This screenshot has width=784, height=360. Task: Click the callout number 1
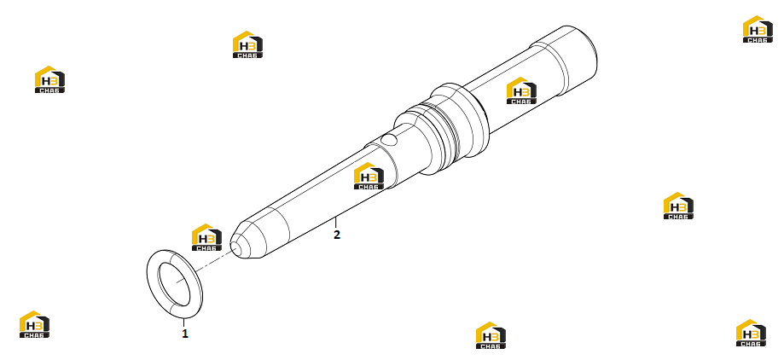pos(185,334)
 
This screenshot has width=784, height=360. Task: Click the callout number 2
pos(337,235)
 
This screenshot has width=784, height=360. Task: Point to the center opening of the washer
pos(175,284)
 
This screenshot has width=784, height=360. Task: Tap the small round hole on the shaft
pos(389,140)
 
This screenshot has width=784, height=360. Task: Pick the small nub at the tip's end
pos(234,246)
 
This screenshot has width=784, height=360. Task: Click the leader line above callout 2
pos(336,223)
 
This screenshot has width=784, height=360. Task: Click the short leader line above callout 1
pos(184,322)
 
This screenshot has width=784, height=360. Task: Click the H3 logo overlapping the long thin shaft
pos(369,176)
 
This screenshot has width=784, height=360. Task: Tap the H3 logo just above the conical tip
pos(207,237)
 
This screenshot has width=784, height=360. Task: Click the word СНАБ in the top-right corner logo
pos(758,39)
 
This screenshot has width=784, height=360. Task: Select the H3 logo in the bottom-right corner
pos(751,333)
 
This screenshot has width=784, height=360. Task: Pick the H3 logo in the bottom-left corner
pos(34,324)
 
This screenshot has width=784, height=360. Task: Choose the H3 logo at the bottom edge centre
pos(491,335)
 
